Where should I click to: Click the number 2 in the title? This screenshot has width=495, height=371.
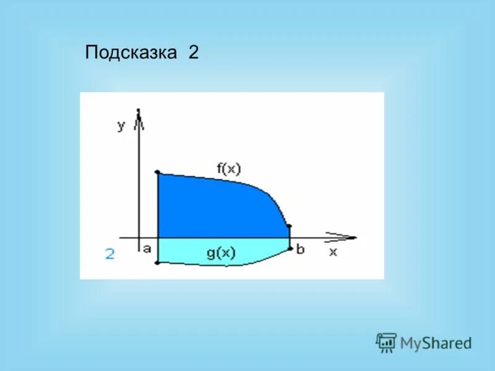click(x=193, y=53)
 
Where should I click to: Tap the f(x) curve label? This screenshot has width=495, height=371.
click(x=228, y=168)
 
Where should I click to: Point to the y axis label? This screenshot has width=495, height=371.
click(x=121, y=126)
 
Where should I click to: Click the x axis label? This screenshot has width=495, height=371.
click(x=333, y=252)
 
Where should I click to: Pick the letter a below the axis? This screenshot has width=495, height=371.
click(x=147, y=249)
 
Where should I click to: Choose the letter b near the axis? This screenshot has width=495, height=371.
click(x=300, y=249)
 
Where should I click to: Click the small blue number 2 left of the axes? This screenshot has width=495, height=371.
click(x=110, y=254)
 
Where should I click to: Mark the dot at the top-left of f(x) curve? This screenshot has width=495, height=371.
click(x=158, y=173)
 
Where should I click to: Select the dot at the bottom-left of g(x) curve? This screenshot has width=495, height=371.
click(x=158, y=263)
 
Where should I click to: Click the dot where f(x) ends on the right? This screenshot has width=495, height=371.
click(x=289, y=226)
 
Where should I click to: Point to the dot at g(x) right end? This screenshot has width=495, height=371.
click(x=290, y=249)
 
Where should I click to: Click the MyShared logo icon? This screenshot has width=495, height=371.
click(x=386, y=342)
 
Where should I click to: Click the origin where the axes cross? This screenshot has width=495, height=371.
click(x=139, y=237)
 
